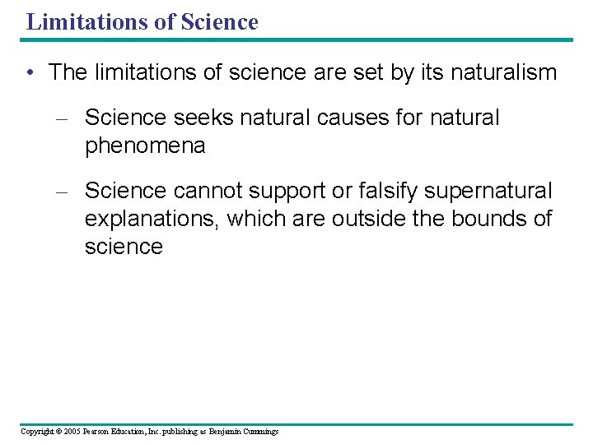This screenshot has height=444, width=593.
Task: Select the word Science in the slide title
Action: [218, 21]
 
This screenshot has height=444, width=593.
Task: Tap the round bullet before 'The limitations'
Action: [30, 73]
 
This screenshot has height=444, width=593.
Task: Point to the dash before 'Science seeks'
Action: [59, 118]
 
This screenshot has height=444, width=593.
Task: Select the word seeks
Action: [203, 118]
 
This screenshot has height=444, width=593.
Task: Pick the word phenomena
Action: [144, 146]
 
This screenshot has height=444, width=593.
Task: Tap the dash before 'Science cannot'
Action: [59, 192]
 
